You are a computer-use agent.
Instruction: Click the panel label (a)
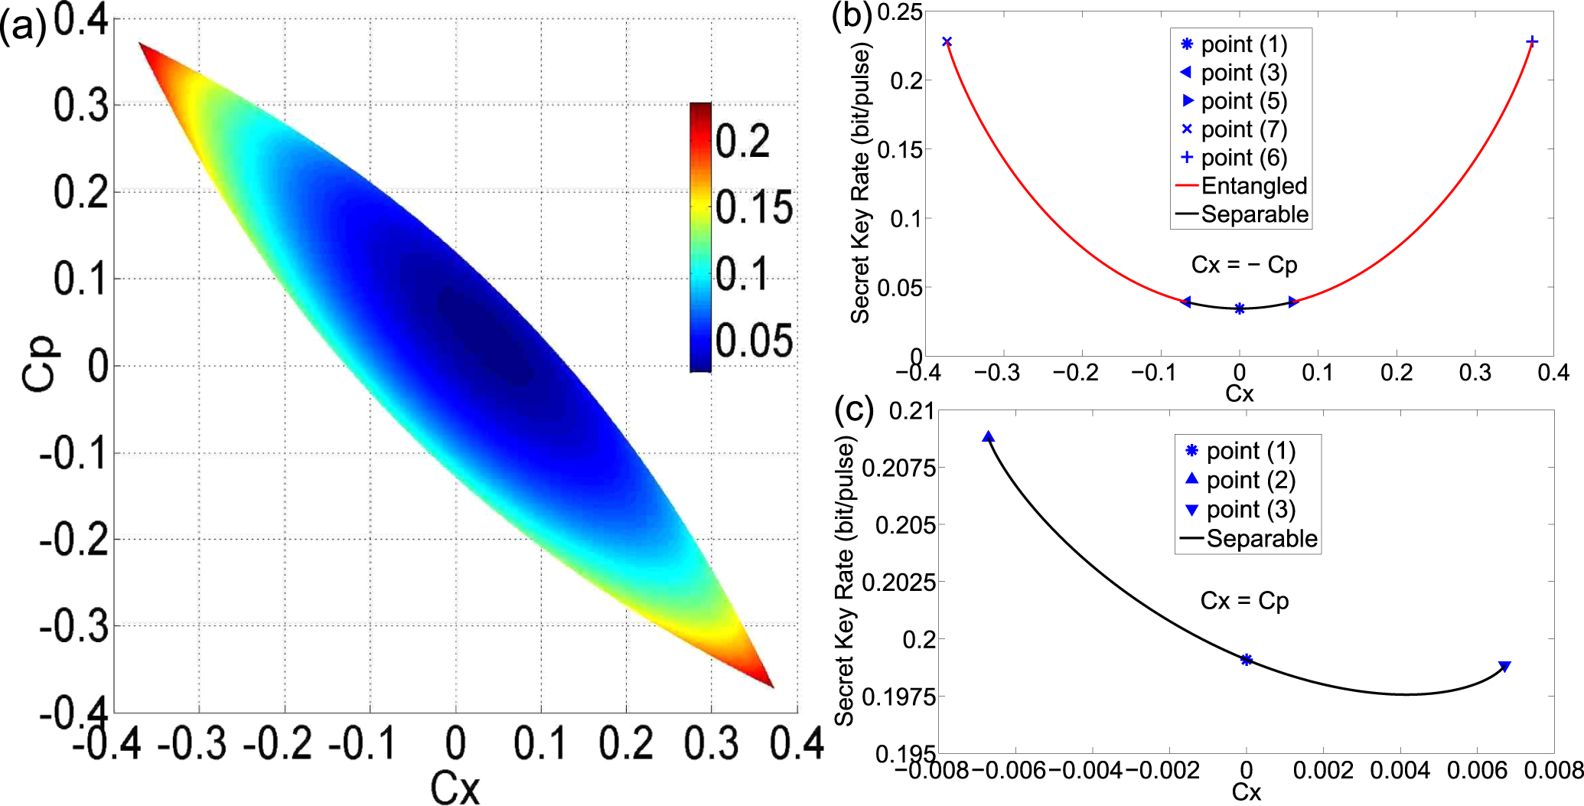(23, 29)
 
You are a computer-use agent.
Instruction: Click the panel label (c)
(854, 410)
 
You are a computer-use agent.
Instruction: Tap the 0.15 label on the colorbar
(754, 207)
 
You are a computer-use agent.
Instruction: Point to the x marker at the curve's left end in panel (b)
(947, 41)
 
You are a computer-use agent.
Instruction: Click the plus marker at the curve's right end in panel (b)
(1532, 41)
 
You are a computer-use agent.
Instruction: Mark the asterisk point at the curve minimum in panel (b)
(1240, 308)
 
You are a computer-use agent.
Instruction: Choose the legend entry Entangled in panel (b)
(1253, 186)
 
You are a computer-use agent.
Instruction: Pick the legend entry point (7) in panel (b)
(1243, 129)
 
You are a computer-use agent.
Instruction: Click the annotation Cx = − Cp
(1244, 265)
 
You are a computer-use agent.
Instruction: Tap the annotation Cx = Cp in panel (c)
(1244, 601)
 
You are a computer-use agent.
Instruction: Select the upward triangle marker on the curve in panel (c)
(989, 437)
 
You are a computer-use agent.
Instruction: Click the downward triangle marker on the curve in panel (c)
(1504, 667)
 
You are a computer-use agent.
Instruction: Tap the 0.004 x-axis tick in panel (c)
(1400, 770)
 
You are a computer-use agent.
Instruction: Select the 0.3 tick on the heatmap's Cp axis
(80, 106)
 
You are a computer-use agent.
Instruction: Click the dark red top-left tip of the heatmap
(144, 47)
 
